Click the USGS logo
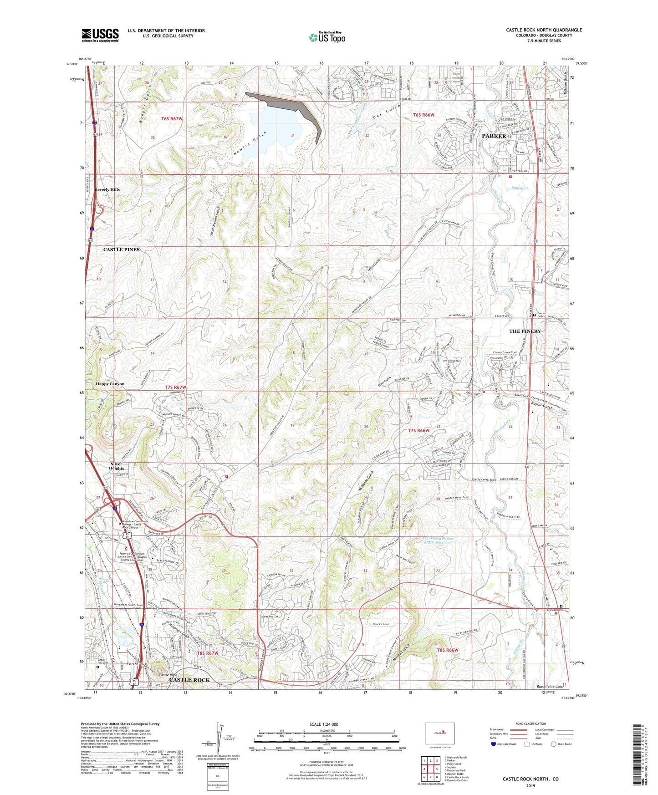pos(100,35)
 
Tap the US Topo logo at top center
pos(326,37)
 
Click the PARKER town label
pos(494,136)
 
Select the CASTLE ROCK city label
pos(189,680)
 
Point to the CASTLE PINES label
pos(121,250)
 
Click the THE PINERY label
pos(525,331)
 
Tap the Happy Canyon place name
pos(110,384)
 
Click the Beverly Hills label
pos(107,189)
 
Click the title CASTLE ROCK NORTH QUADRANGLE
pos(544,30)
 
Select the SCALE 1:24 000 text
pos(324,724)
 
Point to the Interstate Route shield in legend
pos(494,744)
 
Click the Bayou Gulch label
pos(541,408)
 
